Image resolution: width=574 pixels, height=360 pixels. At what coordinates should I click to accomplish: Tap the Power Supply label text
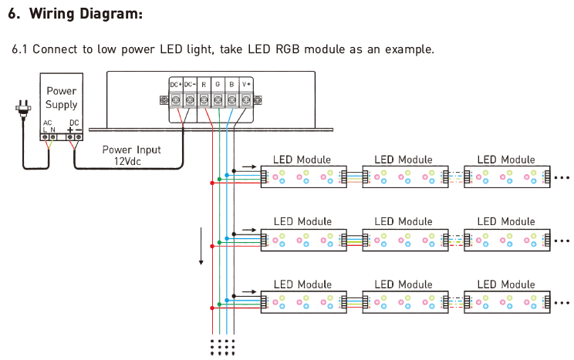[62, 98]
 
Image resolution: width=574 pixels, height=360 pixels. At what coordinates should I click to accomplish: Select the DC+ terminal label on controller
[176, 85]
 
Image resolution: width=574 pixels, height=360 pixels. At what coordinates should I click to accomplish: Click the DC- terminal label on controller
[190, 85]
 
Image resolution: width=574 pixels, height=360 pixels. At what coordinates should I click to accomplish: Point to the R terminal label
[204, 85]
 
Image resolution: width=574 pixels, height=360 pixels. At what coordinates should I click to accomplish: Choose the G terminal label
[218, 85]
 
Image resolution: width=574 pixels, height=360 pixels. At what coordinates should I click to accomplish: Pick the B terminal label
[231, 85]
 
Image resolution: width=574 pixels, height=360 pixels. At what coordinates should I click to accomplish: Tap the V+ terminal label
[246, 85]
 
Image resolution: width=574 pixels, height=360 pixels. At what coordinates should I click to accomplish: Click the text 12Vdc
[127, 161]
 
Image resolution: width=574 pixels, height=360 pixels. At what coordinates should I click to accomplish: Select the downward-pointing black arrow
[201, 246]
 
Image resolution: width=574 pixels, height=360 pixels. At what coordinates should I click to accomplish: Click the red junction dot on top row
[212, 183]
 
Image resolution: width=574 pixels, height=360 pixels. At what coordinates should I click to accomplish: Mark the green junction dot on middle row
[219, 243]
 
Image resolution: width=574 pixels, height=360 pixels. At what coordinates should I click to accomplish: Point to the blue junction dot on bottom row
[227, 301]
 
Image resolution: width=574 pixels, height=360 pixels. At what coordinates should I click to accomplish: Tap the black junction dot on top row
[234, 171]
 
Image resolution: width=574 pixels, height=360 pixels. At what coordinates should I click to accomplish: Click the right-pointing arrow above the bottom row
[249, 292]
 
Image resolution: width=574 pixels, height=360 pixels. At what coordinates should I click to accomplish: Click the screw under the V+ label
[246, 99]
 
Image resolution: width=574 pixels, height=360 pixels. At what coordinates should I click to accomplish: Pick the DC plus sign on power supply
[70, 130]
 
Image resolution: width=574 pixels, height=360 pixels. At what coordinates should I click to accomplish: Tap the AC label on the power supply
[48, 123]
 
